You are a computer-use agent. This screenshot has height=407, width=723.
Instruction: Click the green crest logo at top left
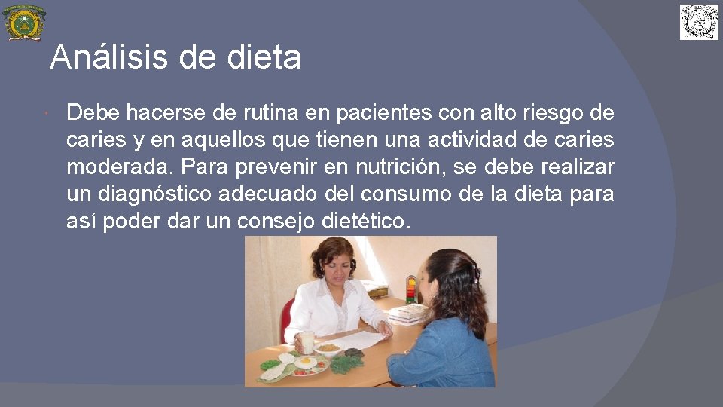pos(23,23)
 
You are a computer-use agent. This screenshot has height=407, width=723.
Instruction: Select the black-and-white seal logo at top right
pos(699,22)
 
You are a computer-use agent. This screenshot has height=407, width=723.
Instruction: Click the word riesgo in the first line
pos(559,113)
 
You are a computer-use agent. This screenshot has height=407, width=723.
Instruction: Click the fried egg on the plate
pos(305,363)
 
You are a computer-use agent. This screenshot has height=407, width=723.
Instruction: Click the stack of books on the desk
pos(407,313)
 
